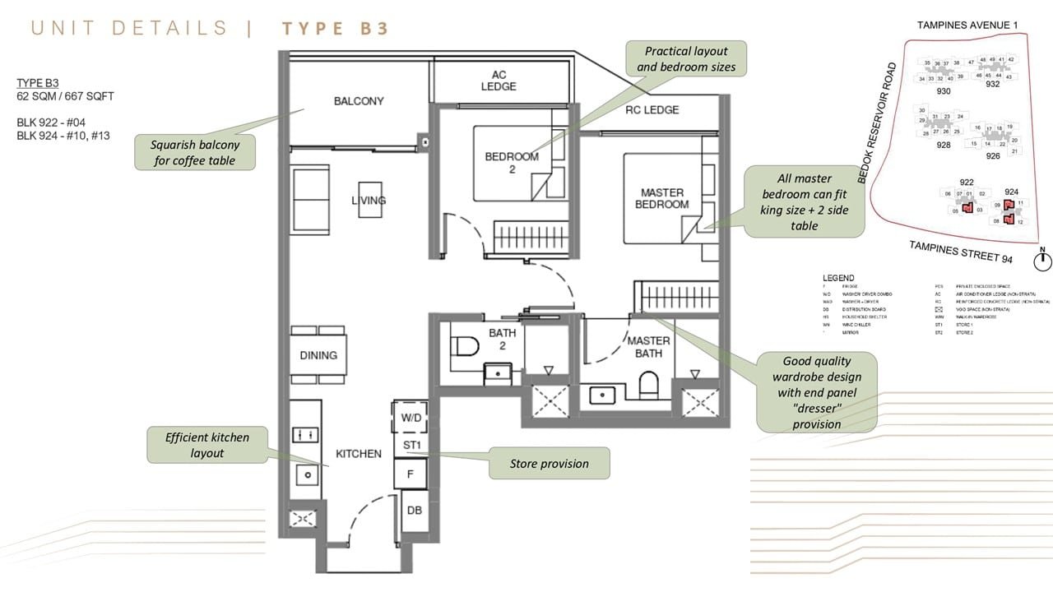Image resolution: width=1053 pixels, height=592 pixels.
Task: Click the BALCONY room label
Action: pos(359,101)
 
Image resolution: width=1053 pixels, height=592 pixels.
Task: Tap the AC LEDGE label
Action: pos(499,81)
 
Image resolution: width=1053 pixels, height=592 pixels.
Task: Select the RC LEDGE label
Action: pos(652,110)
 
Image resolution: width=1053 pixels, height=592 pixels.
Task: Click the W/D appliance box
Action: pos(411,418)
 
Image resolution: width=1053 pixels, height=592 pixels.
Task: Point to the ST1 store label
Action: pos(412,446)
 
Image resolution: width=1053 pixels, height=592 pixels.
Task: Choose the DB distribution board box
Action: pos(414,511)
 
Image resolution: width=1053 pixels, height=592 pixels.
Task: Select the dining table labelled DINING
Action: pos(318,354)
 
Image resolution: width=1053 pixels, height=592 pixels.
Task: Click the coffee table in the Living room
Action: pos(369,199)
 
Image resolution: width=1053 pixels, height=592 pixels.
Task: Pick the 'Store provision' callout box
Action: pos(550,464)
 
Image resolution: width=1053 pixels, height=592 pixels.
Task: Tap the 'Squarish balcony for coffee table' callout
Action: pos(195,153)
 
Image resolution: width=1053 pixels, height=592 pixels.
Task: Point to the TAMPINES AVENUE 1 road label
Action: pos(967,25)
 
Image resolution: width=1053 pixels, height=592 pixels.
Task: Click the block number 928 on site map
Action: pos(944,146)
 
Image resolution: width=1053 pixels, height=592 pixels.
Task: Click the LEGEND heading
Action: pos(837,278)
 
